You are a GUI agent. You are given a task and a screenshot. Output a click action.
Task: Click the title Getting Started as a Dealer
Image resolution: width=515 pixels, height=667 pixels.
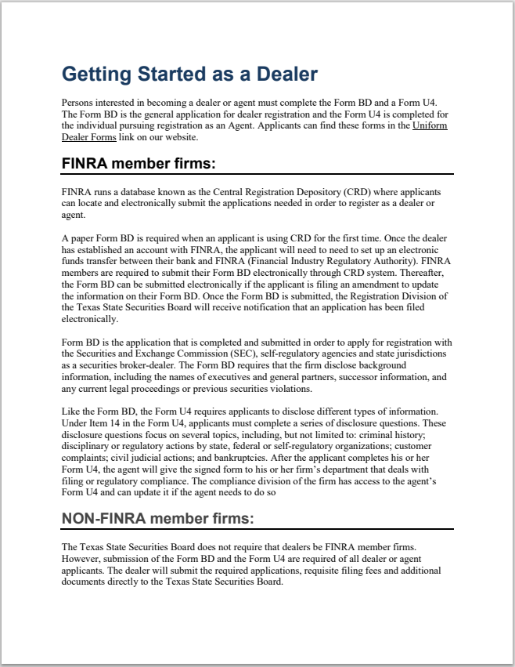click(189, 74)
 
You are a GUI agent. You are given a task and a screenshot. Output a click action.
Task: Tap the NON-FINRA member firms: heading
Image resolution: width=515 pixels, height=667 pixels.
click(157, 518)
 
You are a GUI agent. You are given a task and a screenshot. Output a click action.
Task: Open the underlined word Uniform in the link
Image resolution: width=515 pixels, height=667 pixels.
click(430, 125)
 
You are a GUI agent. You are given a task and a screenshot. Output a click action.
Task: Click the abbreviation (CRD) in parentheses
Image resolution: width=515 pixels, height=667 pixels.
click(356, 192)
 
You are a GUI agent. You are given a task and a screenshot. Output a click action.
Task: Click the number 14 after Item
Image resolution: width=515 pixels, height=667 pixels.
click(131, 423)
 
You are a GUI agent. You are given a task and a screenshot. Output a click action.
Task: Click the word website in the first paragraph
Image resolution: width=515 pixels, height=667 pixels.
click(180, 137)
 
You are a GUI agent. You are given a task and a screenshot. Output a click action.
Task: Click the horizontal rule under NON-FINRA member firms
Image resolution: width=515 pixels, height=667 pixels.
click(257, 529)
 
